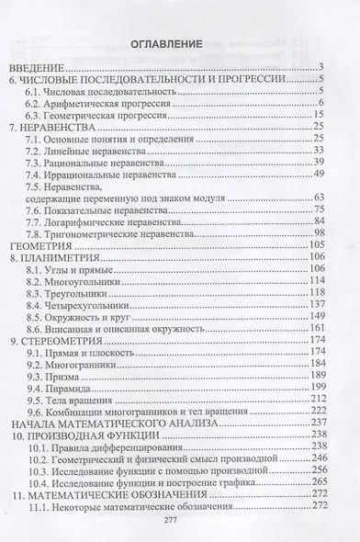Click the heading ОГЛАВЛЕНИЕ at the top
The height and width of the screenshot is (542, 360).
coord(179,43)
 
